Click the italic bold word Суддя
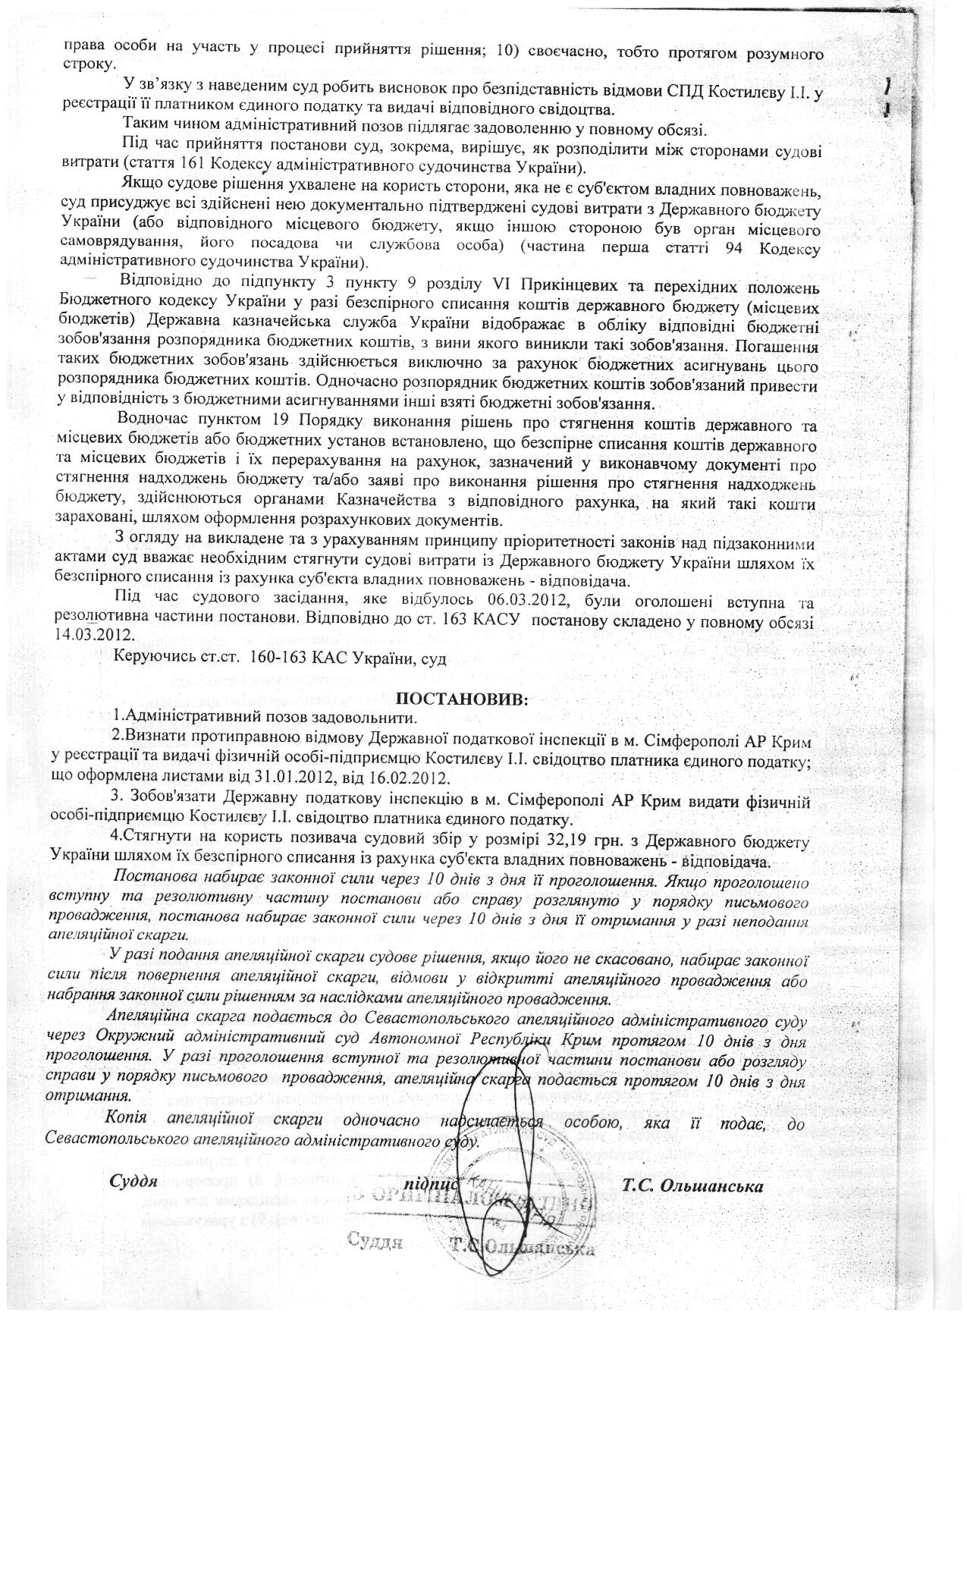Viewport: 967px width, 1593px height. (x=133, y=1181)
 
